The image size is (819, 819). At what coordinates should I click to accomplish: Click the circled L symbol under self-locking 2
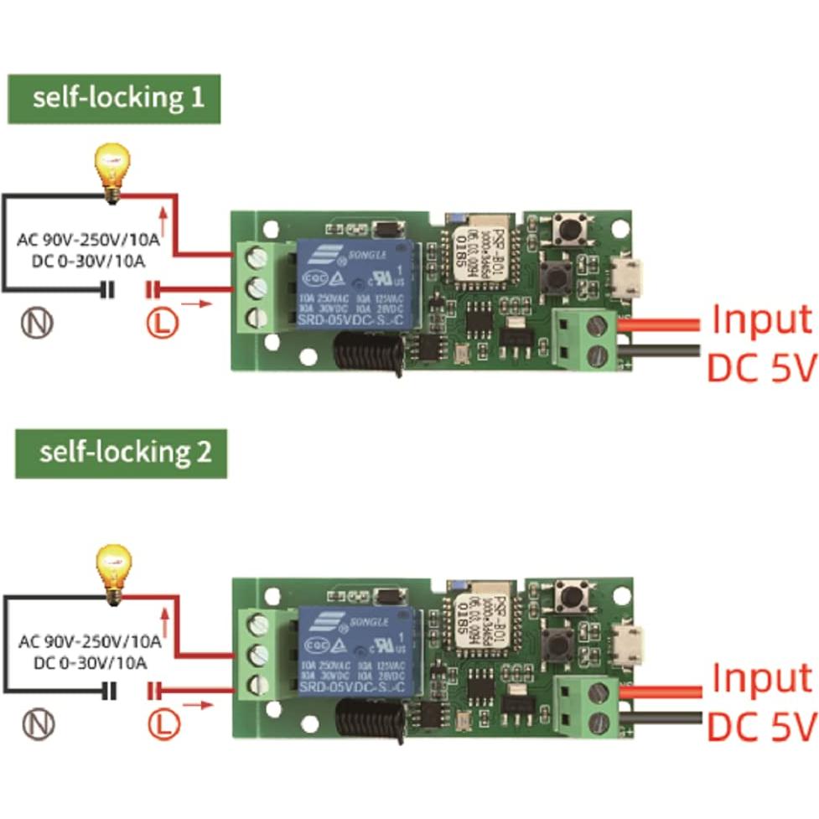pyautogui.click(x=165, y=723)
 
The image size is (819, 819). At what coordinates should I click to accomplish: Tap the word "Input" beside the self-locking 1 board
pyautogui.click(x=762, y=320)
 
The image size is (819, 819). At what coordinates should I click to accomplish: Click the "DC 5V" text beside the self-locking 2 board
pyautogui.click(x=760, y=725)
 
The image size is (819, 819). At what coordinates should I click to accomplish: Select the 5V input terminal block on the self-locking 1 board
pyautogui.click(x=587, y=337)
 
